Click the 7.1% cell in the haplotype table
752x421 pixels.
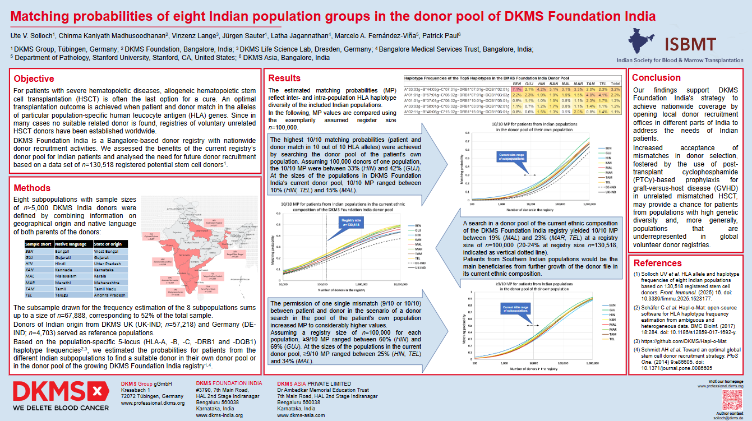click(516, 89)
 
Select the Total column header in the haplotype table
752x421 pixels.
click(616, 82)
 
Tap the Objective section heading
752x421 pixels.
click(34, 79)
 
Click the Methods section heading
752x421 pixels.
click(32, 188)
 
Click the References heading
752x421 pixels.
click(658, 263)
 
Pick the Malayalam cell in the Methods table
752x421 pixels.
click(67, 276)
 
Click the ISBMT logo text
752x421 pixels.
click(690, 44)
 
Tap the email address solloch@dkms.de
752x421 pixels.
click(727, 417)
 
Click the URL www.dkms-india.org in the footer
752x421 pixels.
click(219, 415)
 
